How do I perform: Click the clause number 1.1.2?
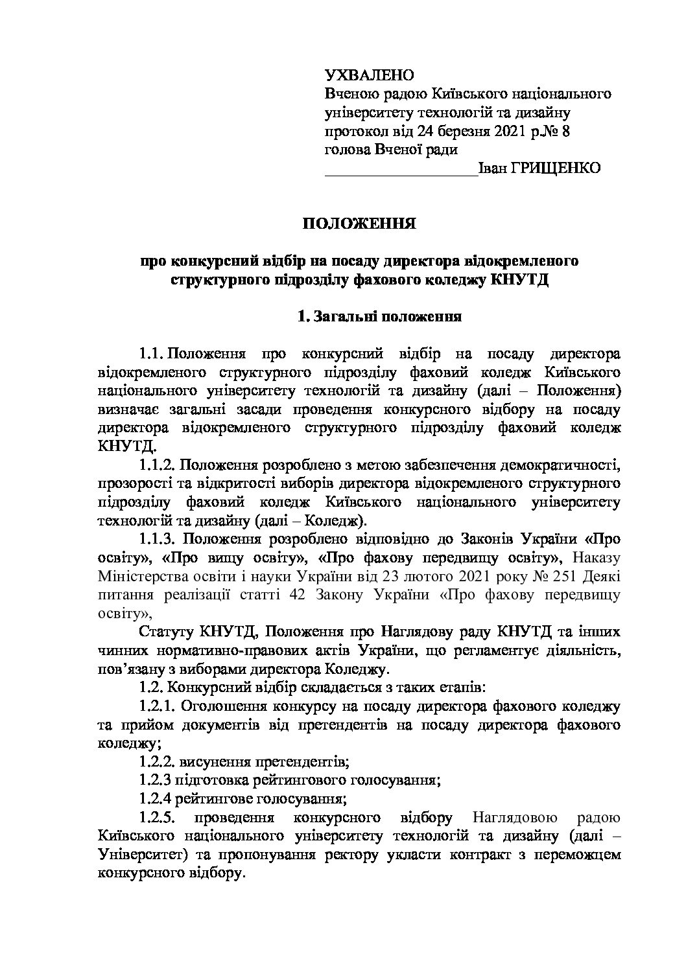(157, 465)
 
